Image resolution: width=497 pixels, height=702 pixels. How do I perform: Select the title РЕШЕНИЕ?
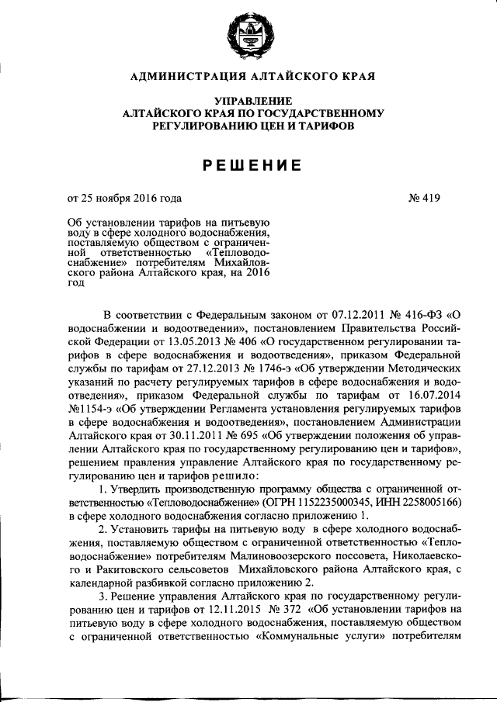click(248, 164)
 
